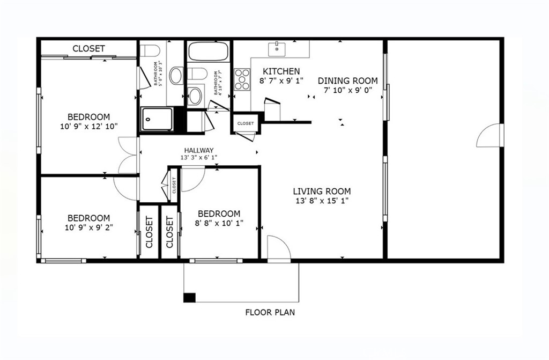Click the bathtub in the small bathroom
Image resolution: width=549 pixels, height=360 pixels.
[209, 52]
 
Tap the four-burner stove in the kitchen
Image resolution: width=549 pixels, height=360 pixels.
[242, 79]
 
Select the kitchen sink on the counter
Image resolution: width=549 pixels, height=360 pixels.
[277, 49]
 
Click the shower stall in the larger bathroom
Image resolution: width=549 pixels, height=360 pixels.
[157, 119]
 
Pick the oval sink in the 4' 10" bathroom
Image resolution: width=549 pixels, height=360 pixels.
[196, 96]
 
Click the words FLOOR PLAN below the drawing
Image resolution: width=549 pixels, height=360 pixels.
[270, 312]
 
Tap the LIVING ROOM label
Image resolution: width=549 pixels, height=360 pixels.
[322, 191]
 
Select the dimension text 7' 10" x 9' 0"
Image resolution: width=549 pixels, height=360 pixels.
[347, 91]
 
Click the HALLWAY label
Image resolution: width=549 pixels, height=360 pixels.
[199, 150]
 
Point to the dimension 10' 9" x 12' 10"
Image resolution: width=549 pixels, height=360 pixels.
[89, 127]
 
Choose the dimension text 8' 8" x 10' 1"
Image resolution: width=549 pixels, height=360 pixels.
[219, 223]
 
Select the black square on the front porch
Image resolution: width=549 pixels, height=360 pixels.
[189, 297]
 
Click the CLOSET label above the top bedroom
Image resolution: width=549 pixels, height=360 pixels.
[88, 48]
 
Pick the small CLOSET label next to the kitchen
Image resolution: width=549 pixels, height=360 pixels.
[246, 123]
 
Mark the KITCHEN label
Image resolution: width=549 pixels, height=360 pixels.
[281, 71]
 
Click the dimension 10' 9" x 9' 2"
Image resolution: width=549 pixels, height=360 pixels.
[89, 227]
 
